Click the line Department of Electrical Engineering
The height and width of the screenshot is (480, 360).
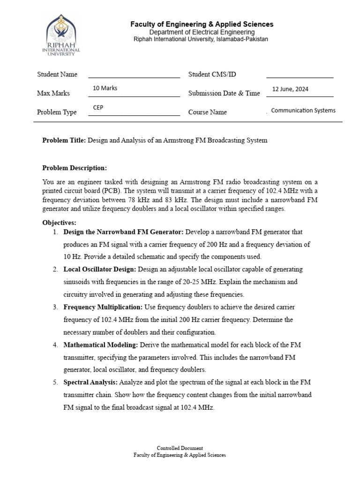(x=202, y=32)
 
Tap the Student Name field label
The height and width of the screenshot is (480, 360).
(x=57, y=75)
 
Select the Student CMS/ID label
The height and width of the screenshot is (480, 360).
(x=212, y=75)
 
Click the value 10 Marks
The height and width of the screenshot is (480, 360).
(x=105, y=88)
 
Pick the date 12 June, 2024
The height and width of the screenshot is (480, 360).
(x=290, y=89)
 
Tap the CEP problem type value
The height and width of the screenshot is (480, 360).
(x=98, y=107)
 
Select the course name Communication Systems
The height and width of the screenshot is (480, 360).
(x=303, y=111)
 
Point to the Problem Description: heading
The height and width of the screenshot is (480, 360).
(x=75, y=168)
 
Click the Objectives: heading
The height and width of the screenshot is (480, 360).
(x=59, y=223)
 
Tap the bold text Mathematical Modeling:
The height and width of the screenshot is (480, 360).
(x=100, y=345)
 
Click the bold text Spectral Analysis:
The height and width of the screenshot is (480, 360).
(x=90, y=382)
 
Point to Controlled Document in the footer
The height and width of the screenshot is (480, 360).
(x=180, y=448)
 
